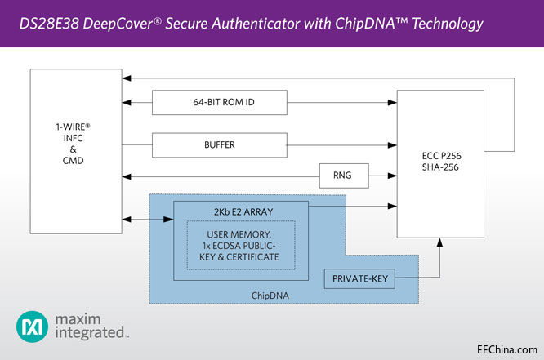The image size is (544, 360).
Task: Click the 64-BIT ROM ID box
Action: pyautogui.click(x=220, y=104)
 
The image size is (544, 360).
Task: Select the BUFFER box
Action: pyautogui.click(x=220, y=144)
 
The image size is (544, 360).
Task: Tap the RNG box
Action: pyautogui.click(x=344, y=174)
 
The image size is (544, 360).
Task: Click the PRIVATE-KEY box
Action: pyautogui.click(x=360, y=280)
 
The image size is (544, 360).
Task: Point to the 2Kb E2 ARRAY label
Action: pyautogui.click(x=240, y=211)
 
